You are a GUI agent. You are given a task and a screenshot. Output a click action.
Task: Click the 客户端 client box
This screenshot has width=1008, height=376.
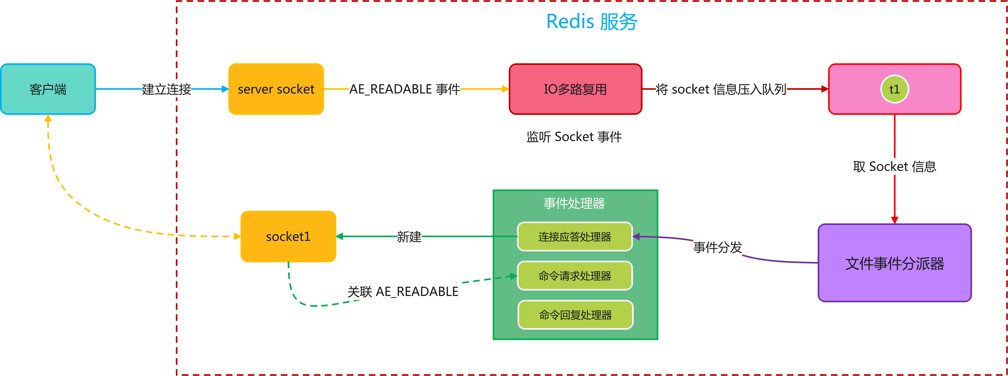(x=48, y=89)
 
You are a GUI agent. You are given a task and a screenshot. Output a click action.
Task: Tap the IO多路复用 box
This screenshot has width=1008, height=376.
(x=575, y=89)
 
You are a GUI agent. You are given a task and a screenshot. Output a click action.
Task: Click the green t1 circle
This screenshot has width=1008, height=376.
(x=895, y=89)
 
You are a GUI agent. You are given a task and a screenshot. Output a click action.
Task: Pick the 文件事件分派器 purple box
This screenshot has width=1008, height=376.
(x=895, y=263)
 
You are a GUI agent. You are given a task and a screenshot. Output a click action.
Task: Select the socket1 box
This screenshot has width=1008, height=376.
(x=288, y=236)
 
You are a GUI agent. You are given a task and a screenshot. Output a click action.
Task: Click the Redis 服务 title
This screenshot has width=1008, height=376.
(x=592, y=21)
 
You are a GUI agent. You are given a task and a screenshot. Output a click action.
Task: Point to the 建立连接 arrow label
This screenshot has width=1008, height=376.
(x=166, y=89)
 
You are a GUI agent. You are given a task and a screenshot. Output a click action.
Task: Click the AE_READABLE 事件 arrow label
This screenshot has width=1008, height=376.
(x=405, y=89)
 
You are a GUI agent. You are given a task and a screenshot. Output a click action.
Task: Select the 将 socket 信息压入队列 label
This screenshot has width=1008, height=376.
(x=721, y=89)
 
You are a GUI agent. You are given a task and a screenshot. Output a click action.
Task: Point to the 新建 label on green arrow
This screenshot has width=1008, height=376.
(x=409, y=236)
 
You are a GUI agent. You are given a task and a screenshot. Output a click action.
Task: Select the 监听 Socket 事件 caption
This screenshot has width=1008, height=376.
(x=574, y=137)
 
